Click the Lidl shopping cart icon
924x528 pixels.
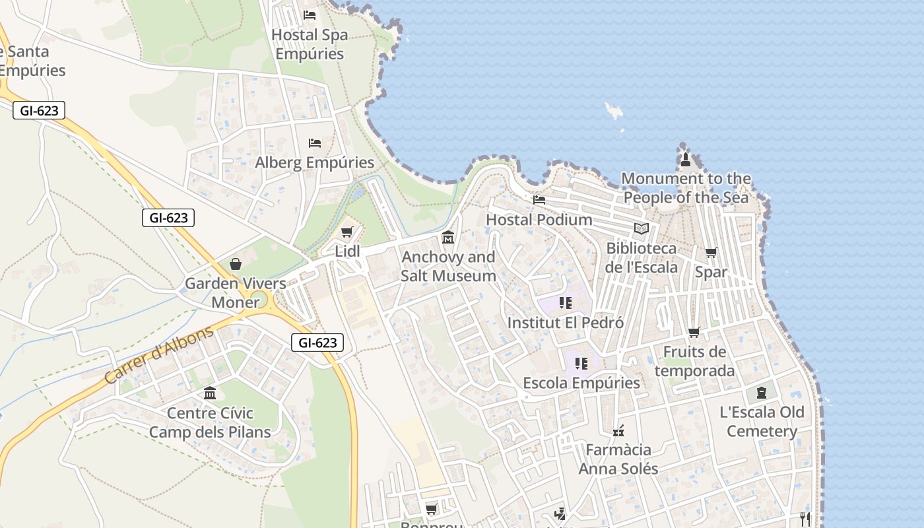pyautogui.click(x=347, y=232)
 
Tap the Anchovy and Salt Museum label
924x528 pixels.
pyautogui.click(x=448, y=266)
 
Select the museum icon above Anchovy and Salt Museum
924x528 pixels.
pyautogui.click(x=448, y=237)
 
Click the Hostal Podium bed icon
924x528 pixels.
pyautogui.click(x=539, y=200)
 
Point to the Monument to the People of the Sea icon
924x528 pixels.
pyautogui.click(x=686, y=159)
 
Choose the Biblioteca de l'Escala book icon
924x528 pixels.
pyautogui.click(x=642, y=229)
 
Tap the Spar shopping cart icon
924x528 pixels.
pyautogui.click(x=711, y=253)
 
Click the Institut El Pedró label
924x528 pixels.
pyautogui.click(x=566, y=323)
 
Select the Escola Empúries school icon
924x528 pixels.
pyautogui.click(x=581, y=364)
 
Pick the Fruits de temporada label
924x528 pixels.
pyautogui.click(x=694, y=361)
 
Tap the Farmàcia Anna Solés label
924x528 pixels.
pyautogui.click(x=618, y=459)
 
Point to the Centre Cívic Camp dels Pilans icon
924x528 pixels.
pyautogui.click(x=210, y=393)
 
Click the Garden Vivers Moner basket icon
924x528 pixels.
pyautogui.click(x=236, y=265)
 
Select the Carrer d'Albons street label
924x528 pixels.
pyautogui.click(x=159, y=354)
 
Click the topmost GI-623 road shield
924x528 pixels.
pyautogui.click(x=39, y=111)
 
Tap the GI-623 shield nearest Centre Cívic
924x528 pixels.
pyautogui.click(x=317, y=343)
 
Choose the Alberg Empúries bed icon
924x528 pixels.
pyautogui.click(x=315, y=143)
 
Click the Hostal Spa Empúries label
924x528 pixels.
pyautogui.click(x=310, y=44)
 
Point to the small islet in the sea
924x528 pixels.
pyautogui.click(x=614, y=111)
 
